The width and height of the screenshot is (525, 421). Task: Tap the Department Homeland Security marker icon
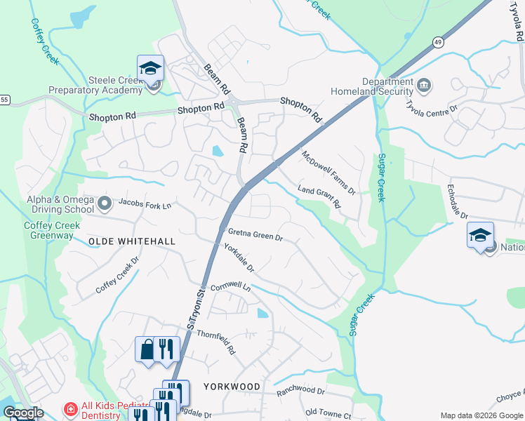pyautogui.click(x=424, y=86)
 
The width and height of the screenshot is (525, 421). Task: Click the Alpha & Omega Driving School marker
pyautogui.click(x=105, y=204)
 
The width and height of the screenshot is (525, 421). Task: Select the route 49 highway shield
pyautogui.click(x=437, y=42)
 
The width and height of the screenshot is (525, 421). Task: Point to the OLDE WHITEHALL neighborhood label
pyautogui.click(x=132, y=241)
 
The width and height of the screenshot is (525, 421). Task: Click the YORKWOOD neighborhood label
pyautogui.click(x=232, y=387)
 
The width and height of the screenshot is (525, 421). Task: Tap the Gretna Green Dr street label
pyautogui.click(x=255, y=235)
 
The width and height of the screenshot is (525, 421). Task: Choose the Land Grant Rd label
pyautogui.click(x=319, y=197)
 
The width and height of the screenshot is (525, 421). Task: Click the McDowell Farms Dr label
pyautogui.click(x=328, y=173)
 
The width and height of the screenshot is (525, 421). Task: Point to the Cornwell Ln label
pyautogui.click(x=230, y=286)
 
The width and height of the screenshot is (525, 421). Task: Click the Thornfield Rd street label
pyautogui.click(x=215, y=340)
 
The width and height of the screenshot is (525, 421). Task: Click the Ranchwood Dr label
pyautogui.click(x=301, y=390)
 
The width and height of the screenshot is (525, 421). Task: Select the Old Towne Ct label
pyautogui.click(x=328, y=415)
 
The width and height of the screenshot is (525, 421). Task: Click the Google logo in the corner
pyautogui.click(x=23, y=413)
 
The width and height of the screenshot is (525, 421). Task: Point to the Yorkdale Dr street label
pyautogui.click(x=239, y=259)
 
